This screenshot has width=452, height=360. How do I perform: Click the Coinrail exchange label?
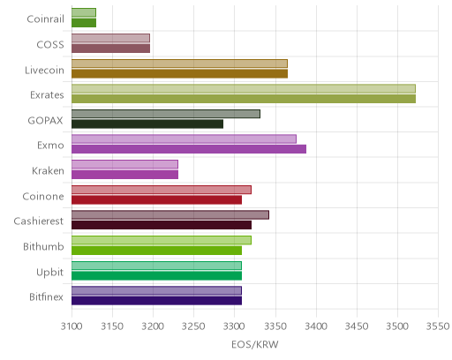click(x=45, y=19)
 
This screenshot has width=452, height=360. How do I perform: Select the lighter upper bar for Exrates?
click(x=244, y=88)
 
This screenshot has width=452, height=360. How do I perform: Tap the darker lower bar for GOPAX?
click(x=147, y=124)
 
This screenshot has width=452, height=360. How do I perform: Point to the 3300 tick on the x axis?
click(x=235, y=326)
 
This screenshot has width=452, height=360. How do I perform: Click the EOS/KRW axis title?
click(x=255, y=344)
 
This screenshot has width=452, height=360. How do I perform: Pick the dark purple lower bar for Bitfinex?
click(x=156, y=301)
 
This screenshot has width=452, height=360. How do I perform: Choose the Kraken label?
click(x=48, y=171)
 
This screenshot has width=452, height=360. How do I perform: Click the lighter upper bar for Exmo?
click(x=184, y=139)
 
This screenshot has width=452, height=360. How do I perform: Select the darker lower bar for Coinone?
click(x=156, y=200)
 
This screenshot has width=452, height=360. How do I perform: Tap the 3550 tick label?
click(x=438, y=326)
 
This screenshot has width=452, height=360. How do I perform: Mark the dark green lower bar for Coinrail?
click(x=84, y=23)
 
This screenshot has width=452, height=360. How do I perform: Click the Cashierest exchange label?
click(x=39, y=221)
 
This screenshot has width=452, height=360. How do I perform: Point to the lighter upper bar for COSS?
click(x=110, y=38)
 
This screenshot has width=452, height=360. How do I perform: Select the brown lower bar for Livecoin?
click(x=179, y=73)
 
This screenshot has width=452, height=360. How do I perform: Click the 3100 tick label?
click(x=72, y=326)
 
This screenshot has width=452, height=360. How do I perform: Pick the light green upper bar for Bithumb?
click(x=162, y=240)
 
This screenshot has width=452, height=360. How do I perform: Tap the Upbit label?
click(x=49, y=272)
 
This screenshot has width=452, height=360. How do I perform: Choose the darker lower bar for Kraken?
click(x=124, y=175)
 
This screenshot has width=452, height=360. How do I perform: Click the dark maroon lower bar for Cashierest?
click(x=162, y=225)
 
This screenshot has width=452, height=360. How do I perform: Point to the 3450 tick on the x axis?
click(x=357, y=326)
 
